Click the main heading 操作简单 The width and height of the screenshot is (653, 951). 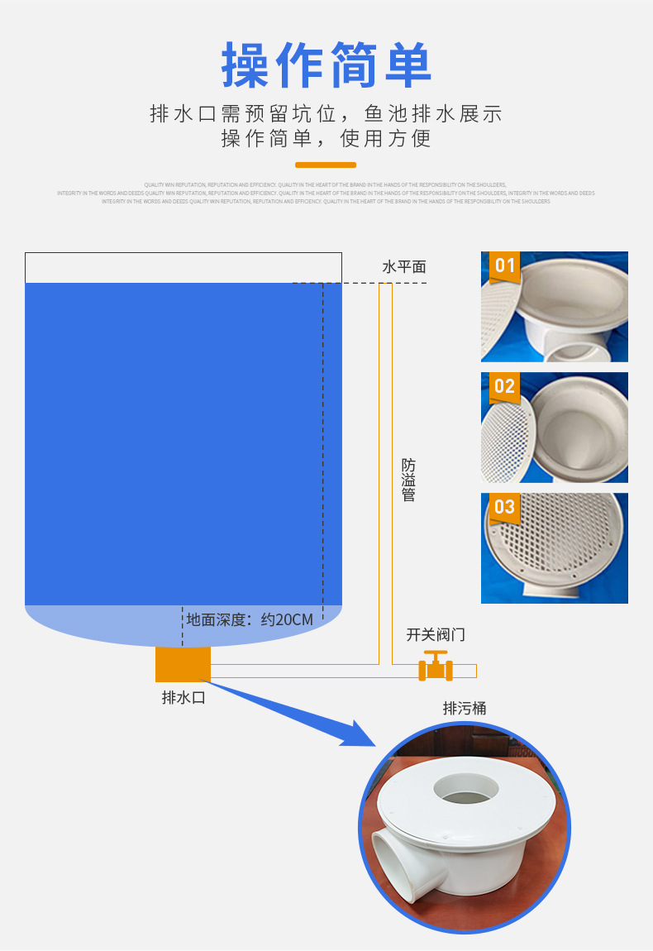tap(326, 66)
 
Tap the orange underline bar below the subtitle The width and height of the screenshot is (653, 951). tap(326, 165)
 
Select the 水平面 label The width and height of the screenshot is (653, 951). tap(404, 266)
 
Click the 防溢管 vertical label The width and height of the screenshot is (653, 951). tap(408, 480)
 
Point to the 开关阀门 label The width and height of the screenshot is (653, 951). tap(436, 635)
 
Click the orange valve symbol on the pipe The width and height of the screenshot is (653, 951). tap(435, 666)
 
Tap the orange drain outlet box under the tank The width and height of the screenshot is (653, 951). tap(183, 664)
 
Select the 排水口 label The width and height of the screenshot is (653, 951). tap(183, 697)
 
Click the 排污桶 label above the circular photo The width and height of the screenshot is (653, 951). tap(465, 708)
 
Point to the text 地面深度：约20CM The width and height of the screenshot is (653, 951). tap(250, 619)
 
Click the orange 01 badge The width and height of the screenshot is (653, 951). tap(504, 265)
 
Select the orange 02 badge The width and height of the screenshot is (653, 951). tap(504, 386)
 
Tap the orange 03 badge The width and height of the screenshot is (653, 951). tap(504, 507)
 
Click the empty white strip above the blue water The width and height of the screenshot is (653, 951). tap(183, 267)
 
